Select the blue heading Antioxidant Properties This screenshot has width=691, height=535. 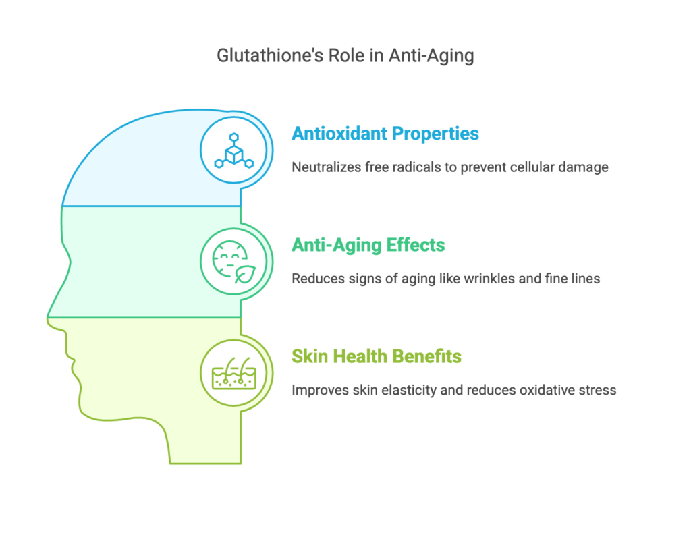click(x=385, y=134)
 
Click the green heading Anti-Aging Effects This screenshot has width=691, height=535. click(x=368, y=246)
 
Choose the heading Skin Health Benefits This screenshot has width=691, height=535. click(x=377, y=356)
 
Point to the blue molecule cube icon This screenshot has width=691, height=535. click(x=234, y=150)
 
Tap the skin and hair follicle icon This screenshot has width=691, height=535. click(x=234, y=373)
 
